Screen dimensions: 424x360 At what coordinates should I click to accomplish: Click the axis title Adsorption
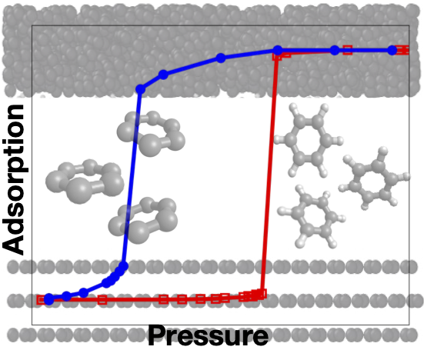(14, 180)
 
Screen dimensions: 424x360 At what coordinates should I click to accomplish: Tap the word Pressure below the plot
(208, 336)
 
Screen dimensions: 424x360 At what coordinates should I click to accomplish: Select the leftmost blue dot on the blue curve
(49, 299)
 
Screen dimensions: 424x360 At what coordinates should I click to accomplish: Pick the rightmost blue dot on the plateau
(392, 50)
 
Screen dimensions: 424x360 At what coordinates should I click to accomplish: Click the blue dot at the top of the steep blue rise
(140, 89)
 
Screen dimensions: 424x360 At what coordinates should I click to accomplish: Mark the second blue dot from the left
(66, 296)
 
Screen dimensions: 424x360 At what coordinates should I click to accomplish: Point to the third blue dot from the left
(84, 293)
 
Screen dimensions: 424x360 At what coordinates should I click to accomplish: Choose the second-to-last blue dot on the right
(335, 50)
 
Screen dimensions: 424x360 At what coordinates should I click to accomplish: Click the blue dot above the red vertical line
(278, 50)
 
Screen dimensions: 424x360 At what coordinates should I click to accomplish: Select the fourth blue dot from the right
(221, 58)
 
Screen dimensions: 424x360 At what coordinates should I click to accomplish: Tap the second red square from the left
(102, 299)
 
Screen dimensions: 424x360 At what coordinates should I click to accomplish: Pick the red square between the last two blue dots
(348, 50)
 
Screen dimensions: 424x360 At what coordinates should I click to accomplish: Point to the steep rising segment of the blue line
(132, 177)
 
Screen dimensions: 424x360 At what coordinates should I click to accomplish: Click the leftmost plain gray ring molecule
(85, 181)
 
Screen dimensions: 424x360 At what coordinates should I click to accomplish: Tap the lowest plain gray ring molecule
(142, 220)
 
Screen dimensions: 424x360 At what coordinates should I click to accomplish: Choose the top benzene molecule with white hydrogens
(309, 140)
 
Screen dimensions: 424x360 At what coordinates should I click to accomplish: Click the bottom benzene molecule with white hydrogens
(312, 217)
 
